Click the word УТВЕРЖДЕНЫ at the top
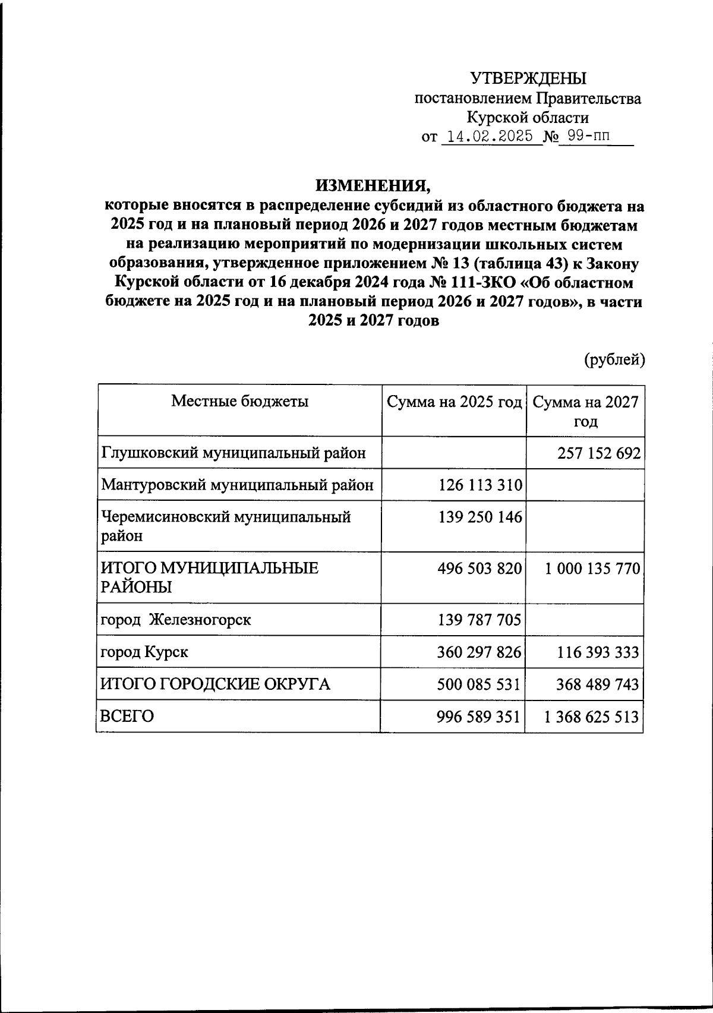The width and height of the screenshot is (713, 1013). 528,78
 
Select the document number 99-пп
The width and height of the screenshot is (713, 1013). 588,137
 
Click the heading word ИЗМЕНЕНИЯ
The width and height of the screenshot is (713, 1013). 373,186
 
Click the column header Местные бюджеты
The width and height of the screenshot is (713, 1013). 239,401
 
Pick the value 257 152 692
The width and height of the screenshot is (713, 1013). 599,454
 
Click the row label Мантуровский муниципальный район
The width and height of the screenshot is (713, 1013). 237,485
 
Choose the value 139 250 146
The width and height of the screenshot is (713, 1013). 480,517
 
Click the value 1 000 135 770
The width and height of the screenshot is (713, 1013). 592,569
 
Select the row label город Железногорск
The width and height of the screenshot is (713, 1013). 175,620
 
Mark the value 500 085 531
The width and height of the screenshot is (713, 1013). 479,684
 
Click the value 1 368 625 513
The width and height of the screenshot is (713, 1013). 592,717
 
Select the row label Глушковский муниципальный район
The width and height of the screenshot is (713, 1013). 233,454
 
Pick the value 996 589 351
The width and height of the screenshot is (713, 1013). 479,717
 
